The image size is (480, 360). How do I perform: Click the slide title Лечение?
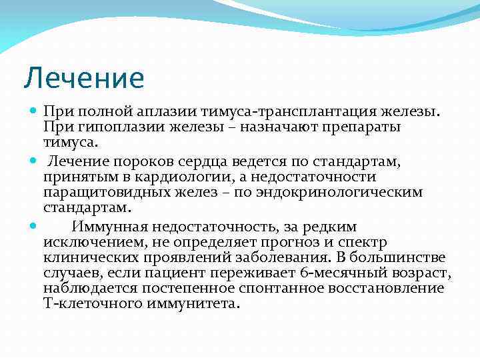coord(84,78)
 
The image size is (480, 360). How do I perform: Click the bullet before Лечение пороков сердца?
coord(34,161)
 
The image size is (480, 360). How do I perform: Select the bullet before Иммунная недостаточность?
coord(34,226)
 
